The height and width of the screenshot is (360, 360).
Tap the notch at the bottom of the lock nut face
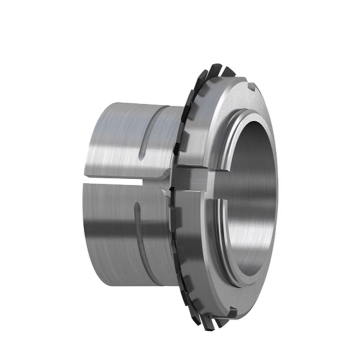233,310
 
